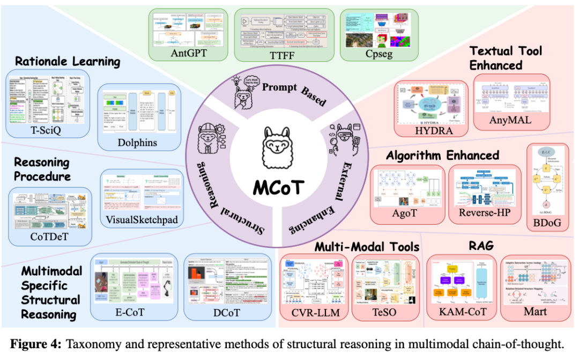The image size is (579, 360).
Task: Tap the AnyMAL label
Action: pyautogui.click(x=511, y=120)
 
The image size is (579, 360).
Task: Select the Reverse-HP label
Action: pyautogui.click(x=481, y=212)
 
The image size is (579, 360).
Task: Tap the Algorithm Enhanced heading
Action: pyautogui.click(x=443, y=155)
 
